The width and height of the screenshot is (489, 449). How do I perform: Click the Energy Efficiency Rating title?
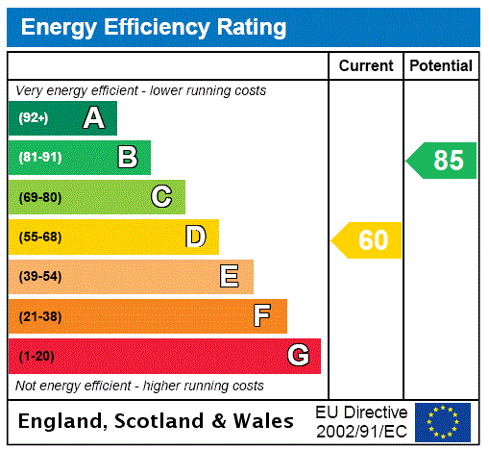[154, 28]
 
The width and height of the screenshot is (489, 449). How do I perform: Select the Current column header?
[366, 65]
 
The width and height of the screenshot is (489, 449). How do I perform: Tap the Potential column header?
[441, 65]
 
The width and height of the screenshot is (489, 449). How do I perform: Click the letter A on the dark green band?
[93, 118]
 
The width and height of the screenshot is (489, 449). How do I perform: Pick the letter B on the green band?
[127, 158]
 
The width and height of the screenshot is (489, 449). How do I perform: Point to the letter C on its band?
[161, 197]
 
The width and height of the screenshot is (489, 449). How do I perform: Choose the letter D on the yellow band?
[196, 237]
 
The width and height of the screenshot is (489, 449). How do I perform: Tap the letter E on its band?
[230, 277]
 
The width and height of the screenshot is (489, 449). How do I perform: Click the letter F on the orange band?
[262, 316]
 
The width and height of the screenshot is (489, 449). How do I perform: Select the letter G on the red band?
[298, 356]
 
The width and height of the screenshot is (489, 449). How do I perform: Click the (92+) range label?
[34, 119]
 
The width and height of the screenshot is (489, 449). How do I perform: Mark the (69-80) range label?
[39, 198]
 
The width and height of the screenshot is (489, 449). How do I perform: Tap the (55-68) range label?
[39, 237]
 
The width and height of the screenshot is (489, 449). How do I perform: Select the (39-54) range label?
[39, 277]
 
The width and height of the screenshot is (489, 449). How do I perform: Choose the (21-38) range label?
[39, 316]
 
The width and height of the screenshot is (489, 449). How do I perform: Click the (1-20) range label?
[37, 357]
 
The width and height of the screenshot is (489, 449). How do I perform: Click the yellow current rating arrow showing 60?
[368, 240]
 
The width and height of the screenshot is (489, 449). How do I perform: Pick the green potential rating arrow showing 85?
[443, 161]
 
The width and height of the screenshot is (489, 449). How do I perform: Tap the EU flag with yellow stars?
[443, 422]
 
